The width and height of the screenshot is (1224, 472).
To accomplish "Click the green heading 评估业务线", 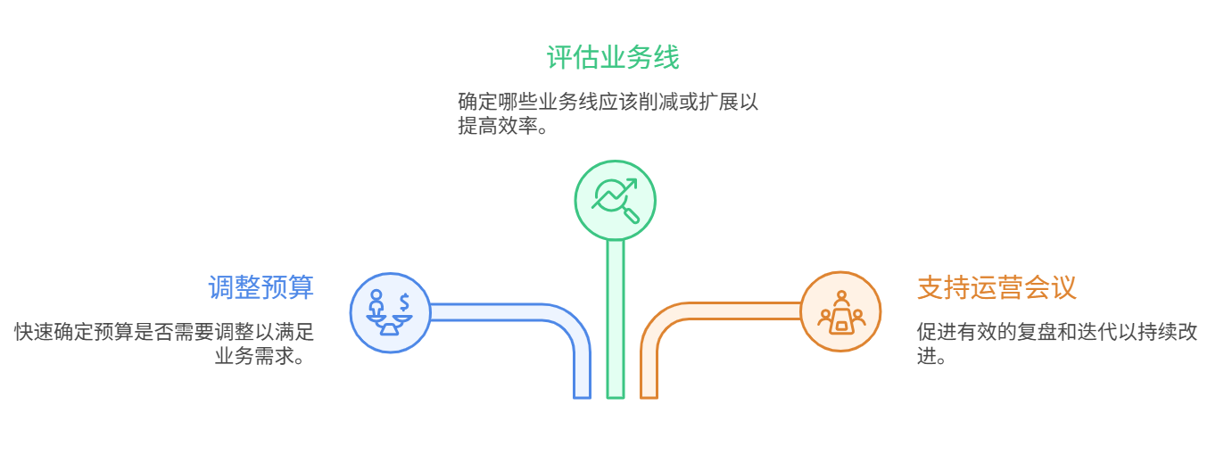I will click(x=613, y=58).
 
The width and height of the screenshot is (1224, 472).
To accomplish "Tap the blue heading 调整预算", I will click(x=261, y=287).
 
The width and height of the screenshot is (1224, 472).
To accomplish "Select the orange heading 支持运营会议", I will click(x=997, y=287).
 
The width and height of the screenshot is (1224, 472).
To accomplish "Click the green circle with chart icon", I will click(x=615, y=199).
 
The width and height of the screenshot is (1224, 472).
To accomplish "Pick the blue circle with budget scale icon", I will click(x=390, y=312).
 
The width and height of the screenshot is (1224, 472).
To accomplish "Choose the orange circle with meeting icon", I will click(x=840, y=312).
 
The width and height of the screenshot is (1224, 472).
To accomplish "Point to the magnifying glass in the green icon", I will click(x=629, y=212).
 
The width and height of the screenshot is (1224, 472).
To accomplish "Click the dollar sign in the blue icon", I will click(x=404, y=301).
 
